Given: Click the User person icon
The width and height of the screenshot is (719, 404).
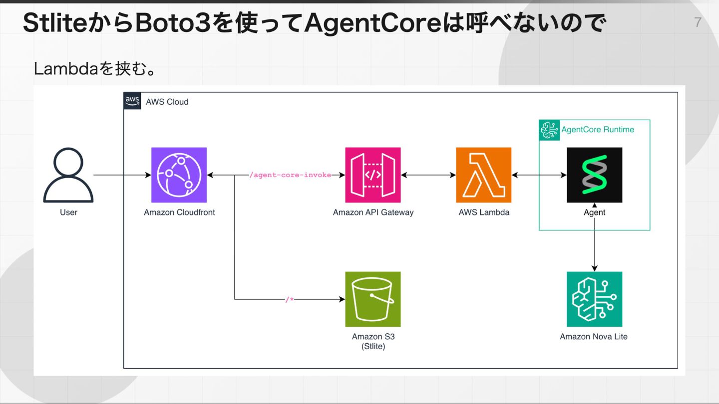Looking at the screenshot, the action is (x=68, y=175).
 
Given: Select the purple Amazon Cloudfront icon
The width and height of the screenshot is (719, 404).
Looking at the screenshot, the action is (x=179, y=175).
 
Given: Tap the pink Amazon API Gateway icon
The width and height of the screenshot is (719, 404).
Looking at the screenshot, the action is (x=373, y=175).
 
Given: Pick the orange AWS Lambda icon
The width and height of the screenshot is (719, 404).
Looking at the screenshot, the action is (x=483, y=175).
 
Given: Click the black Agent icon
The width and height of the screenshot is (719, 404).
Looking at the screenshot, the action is (x=594, y=175).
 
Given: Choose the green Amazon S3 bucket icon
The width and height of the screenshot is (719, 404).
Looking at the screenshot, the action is (x=373, y=299).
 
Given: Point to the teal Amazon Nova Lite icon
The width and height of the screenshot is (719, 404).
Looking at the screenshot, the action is (x=594, y=299).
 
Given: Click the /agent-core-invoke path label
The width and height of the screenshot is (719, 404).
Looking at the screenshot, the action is (x=290, y=176).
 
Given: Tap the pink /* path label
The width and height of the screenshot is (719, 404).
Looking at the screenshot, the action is (x=290, y=300).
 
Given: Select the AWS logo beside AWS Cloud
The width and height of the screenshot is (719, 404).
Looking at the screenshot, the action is (x=132, y=101).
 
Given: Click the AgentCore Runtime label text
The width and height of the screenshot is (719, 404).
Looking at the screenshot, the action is (x=598, y=130).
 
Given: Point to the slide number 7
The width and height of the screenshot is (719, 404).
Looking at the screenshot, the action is (x=698, y=22).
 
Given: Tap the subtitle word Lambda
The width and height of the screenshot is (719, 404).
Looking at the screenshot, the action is (x=65, y=69).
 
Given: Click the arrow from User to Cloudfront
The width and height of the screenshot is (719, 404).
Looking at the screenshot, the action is (x=122, y=176).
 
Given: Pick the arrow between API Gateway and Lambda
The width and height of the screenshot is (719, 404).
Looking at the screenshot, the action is (x=428, y=176).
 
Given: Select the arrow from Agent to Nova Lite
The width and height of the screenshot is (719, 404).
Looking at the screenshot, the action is (x=594, y=244).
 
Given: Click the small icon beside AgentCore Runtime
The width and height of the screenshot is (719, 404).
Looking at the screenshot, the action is (x=550, y=130).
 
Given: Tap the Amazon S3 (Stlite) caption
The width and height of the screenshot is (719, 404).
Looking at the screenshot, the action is (x=373, y=341).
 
